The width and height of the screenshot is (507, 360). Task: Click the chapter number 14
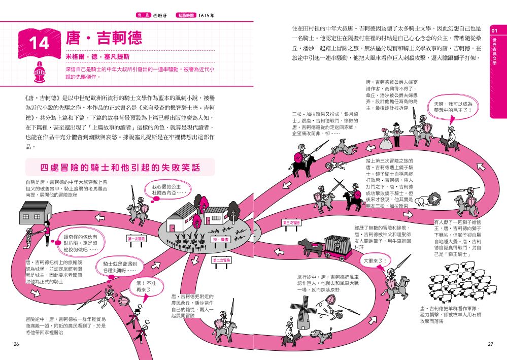click(39, 43)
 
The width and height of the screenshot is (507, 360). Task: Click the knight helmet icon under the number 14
click(39, 70)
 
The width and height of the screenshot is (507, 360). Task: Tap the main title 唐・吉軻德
click(104, 38)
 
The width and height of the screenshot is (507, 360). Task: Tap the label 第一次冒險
click(136, 238)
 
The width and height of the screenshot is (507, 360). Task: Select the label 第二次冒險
click(221, 260)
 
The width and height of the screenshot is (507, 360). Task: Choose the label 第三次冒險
click(291, 223)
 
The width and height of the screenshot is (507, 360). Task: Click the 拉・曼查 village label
click(221, 239)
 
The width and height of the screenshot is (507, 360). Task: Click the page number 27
click(490, 344)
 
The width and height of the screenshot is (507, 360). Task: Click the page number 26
click(17, 344)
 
